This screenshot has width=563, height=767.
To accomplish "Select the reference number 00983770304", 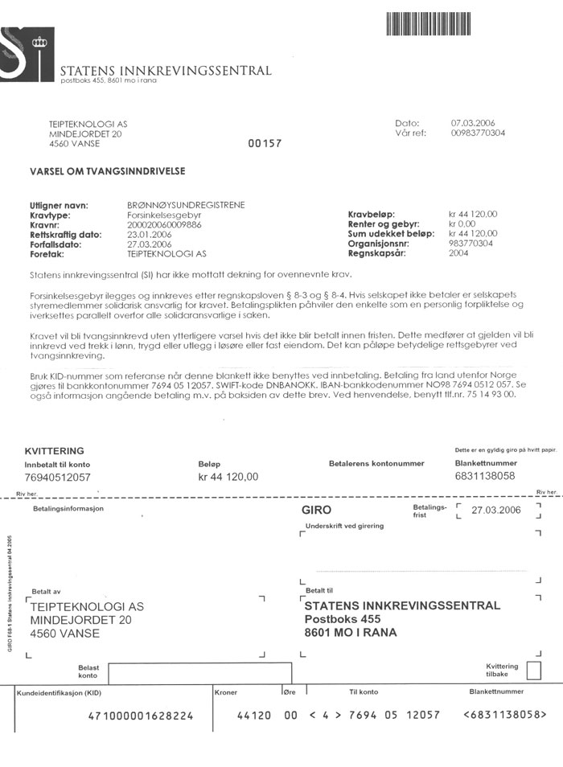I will click(479, 133).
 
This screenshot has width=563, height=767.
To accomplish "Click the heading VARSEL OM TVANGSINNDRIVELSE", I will click(108, 171).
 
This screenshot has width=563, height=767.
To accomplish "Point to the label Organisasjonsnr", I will click(380, 243).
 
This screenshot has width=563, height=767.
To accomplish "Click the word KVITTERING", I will click(55, 451).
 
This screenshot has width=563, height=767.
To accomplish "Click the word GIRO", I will click(316, 510).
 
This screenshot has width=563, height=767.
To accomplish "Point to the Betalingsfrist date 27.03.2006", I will click(496, 511).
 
